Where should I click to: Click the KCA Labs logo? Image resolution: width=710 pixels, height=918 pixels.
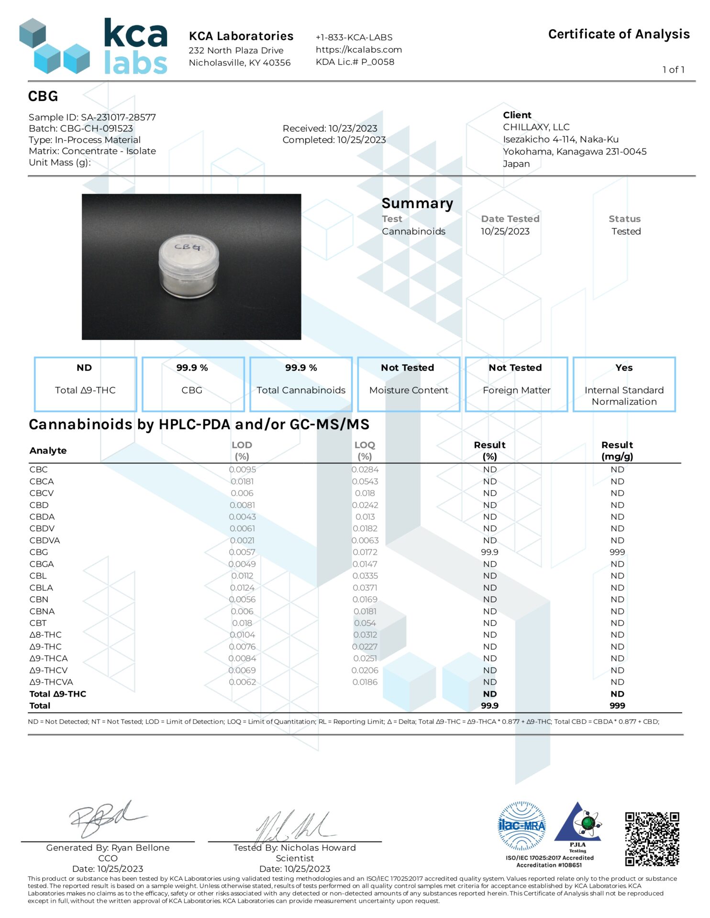coord(93,46)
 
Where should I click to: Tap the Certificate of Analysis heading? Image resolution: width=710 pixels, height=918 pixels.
coord(618,34)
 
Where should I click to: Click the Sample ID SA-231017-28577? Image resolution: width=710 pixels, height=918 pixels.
coord(92,117)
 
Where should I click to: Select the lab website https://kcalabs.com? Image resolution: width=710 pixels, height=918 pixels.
coord(358,49)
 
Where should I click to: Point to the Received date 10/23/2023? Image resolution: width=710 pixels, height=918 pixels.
coord(330,128)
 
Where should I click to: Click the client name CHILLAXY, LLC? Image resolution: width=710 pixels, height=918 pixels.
coord(536,127)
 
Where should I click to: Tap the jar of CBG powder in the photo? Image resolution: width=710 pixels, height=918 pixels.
coord(189,266)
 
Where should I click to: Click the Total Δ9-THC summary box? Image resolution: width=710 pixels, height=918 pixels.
coord(85,384)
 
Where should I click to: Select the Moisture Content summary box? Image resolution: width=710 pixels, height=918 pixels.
coord(408,384)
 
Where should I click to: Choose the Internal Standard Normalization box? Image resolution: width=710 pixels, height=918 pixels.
coord(624,384)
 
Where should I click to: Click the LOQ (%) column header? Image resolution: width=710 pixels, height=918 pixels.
coord(365,450)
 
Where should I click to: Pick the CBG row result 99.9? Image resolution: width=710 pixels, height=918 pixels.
coord(489,552)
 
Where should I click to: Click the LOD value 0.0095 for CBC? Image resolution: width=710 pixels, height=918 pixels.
coord(242,470)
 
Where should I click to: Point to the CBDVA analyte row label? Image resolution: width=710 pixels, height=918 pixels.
coord(44,540)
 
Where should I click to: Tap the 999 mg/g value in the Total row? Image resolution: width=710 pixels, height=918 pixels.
coord(617,705)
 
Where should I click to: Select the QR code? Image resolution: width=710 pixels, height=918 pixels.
coord(652,839)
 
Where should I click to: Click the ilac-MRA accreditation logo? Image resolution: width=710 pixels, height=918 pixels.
coord(521,826)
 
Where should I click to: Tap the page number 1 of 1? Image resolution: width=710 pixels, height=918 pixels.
coord(673,70)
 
